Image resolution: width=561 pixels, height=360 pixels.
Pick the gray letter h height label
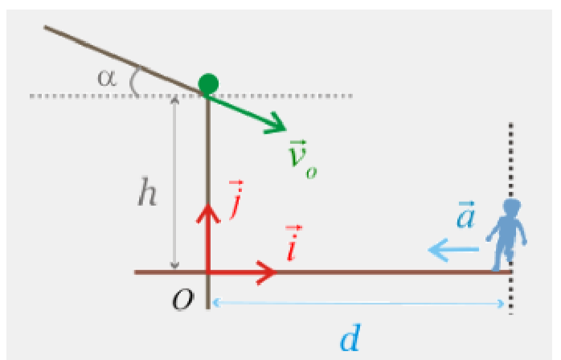146,195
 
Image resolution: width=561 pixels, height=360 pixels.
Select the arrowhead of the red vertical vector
209,211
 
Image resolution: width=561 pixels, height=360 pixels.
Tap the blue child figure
507,233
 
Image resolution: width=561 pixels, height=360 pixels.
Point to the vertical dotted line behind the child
511,161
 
